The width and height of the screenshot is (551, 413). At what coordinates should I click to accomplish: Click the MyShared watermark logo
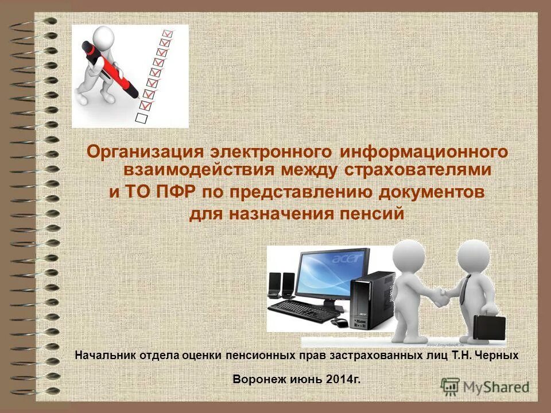tap(485, 387)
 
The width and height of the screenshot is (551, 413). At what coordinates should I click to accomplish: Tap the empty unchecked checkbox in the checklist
tap(141, 116)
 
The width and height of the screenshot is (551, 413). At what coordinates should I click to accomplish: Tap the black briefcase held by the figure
tap(489, 328)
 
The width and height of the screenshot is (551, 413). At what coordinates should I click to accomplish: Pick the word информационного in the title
tap(424, 152)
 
